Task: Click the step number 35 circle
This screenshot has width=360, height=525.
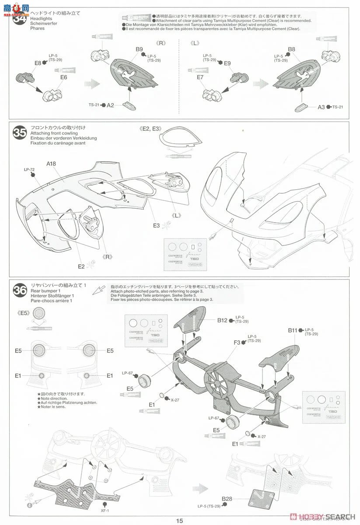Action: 19,132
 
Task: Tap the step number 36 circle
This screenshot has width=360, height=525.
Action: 19,290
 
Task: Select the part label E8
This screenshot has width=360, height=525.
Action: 38,63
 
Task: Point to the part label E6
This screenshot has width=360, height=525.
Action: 64,77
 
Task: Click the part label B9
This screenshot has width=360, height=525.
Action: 139,49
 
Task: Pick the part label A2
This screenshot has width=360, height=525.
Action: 110,105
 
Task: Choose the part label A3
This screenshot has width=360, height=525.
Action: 322,107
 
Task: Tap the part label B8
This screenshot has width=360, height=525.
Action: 292,49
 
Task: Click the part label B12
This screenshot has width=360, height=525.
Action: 222,320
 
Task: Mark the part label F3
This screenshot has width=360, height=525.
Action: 237,343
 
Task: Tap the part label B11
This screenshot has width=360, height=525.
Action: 293,330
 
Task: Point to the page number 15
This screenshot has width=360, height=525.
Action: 180,520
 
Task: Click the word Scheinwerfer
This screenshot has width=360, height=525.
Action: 44,24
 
